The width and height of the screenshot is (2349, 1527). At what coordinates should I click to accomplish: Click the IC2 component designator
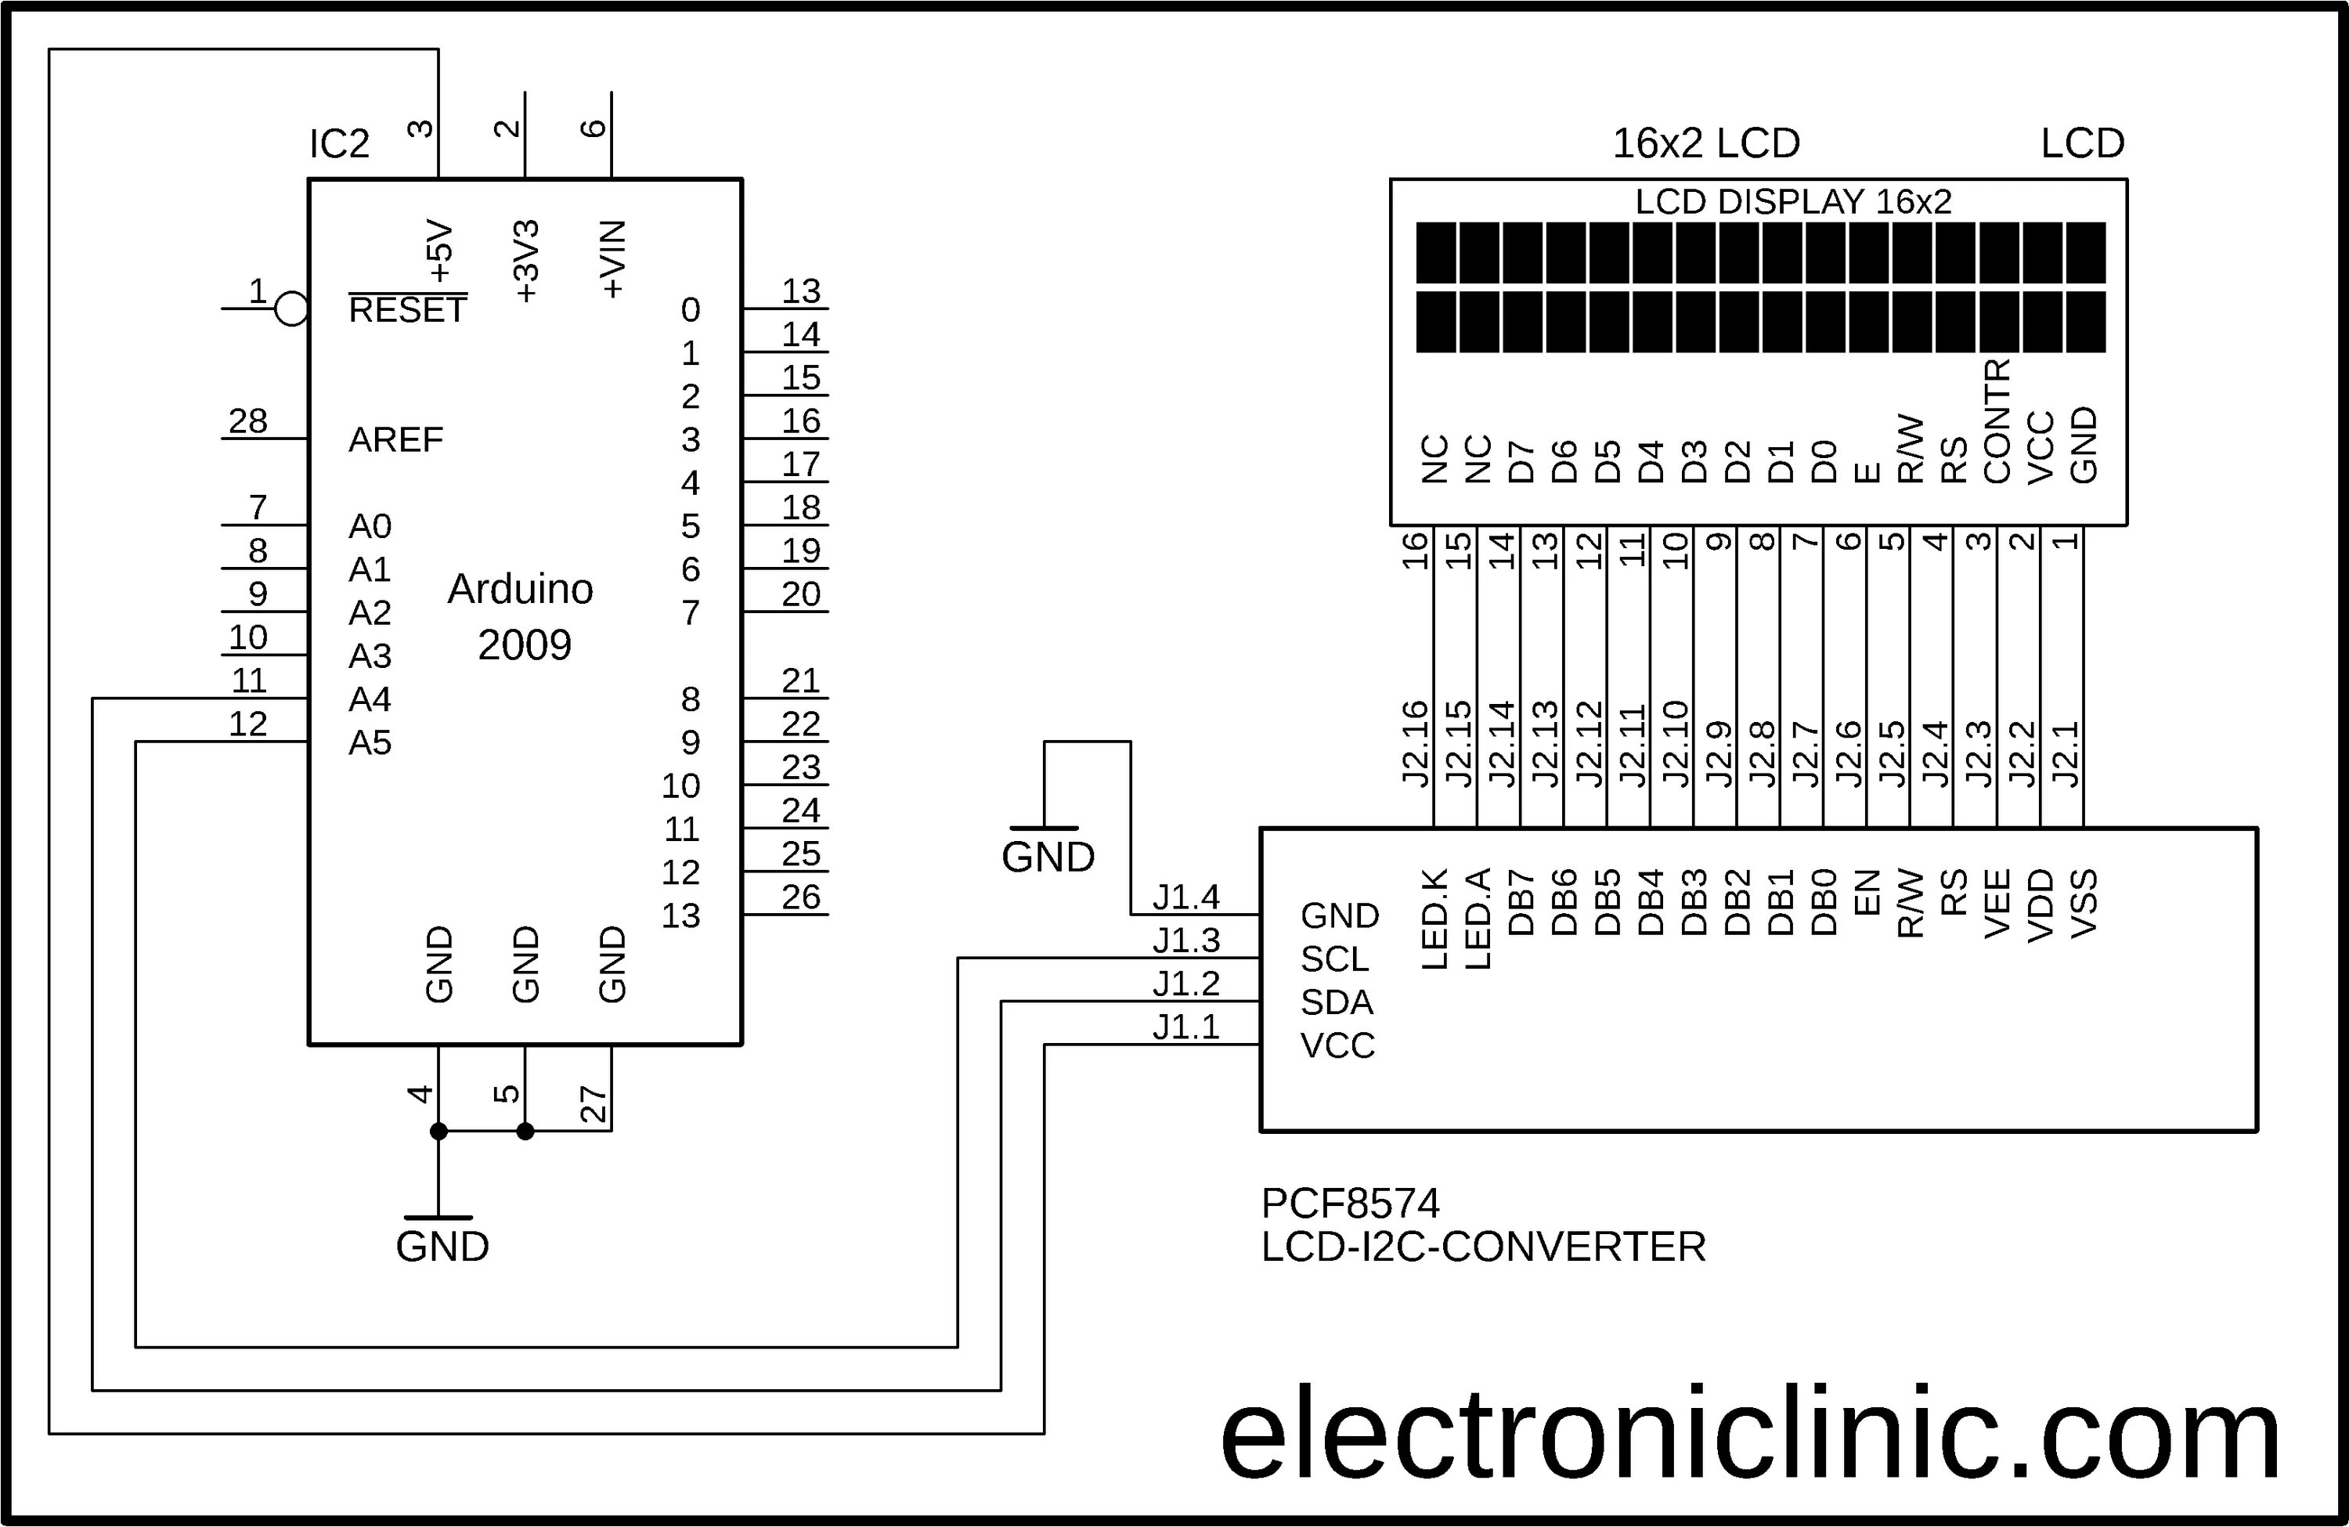340,144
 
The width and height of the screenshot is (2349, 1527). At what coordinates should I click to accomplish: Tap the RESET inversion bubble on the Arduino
291,309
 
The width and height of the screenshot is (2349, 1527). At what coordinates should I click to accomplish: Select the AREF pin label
395,439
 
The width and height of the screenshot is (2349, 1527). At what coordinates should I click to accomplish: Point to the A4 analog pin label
370,699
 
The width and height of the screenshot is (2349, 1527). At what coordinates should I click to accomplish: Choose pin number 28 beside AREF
247,421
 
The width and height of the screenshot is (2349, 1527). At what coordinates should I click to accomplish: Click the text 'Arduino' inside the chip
520,590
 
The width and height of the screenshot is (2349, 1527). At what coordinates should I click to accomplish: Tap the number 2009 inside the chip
524,645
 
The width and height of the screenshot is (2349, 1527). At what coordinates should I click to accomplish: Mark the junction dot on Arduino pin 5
525,1132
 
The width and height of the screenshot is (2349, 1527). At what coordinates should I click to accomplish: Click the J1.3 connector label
1186,940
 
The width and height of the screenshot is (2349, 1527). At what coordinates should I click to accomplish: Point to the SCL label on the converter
1335,959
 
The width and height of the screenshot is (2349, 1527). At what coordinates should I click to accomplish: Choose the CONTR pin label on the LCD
1996,421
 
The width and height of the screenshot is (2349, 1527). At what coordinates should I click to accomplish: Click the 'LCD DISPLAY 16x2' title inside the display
1793,202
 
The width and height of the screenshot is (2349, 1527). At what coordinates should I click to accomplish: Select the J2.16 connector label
1416,743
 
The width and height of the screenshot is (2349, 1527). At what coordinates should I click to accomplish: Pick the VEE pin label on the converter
1997,903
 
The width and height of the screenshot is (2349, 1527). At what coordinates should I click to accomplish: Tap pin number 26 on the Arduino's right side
800,897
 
